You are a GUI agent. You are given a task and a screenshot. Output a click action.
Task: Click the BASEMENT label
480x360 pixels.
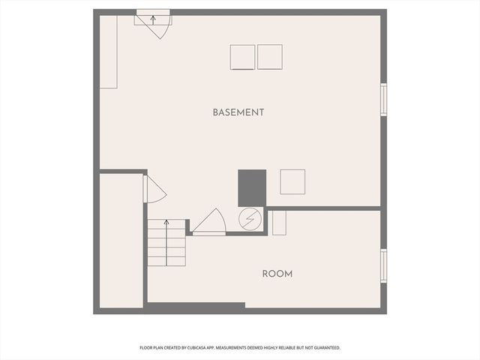pos(238,112)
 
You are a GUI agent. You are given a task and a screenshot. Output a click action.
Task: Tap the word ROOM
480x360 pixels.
pos(277,274)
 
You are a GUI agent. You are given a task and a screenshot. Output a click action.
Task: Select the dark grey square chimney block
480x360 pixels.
pos(252,187)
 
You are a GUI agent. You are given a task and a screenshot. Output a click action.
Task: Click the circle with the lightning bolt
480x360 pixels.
pos(249,220)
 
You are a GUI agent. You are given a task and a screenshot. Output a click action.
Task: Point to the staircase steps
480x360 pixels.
pos(166,244)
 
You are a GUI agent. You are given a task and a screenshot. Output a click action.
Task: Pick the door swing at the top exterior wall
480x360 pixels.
pos(158,28)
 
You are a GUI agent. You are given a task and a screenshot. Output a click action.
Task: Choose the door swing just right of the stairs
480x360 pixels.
pos(209,223)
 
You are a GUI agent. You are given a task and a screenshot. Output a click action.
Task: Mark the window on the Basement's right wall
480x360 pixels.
pos(383,100)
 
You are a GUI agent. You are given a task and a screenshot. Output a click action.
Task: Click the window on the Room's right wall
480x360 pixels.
pos(383,265)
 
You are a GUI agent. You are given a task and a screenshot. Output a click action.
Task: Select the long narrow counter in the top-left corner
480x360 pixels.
pos(109,52)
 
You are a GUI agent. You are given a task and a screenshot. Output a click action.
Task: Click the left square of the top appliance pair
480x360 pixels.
pos(242,58)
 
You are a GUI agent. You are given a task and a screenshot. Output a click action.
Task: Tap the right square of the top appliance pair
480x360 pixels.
pos(270,57)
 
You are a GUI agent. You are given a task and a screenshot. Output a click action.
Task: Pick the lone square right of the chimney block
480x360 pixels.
pos(292,182)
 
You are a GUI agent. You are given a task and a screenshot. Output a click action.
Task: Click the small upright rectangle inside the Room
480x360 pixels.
pos(279,223)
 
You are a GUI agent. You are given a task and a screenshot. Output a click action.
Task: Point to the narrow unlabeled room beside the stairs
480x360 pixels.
pos(121,240)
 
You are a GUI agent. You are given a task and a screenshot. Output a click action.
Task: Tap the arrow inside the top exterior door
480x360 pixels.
pos(154,19)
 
